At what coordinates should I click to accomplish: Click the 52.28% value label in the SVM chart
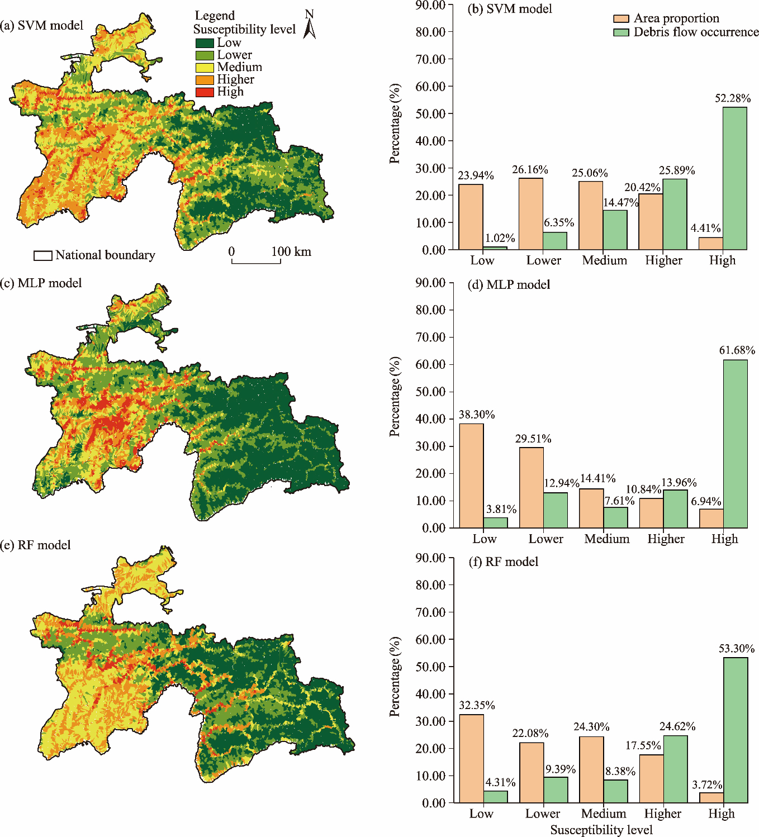coord(732,98)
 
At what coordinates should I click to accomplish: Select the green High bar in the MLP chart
coord(736,444)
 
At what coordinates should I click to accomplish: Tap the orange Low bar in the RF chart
coord(471,758)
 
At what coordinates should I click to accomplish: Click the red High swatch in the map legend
coord(205,92)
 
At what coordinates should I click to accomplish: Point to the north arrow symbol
coord(310,26)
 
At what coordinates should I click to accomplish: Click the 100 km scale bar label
coord(291,251)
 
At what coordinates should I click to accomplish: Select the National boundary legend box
coord(43,255)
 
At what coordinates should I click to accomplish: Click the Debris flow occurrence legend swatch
coord(621,32)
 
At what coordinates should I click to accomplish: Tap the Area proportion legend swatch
coord(621,18)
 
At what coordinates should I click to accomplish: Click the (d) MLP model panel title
coord(509,285)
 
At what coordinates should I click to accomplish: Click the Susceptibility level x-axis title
coord(601,830)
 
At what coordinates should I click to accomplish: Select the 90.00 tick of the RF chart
coord(430,558)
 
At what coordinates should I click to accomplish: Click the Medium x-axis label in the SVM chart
coord(604,260)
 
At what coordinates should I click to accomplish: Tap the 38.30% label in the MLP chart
coord(477,415)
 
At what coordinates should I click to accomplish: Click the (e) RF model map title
coord(36,545)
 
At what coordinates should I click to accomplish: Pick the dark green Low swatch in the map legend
coord(205,43)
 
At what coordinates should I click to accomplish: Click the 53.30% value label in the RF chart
coord(736,649)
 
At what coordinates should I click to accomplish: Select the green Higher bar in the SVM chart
coord(675,214)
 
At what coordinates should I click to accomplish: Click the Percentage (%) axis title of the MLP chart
coord(395,397)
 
